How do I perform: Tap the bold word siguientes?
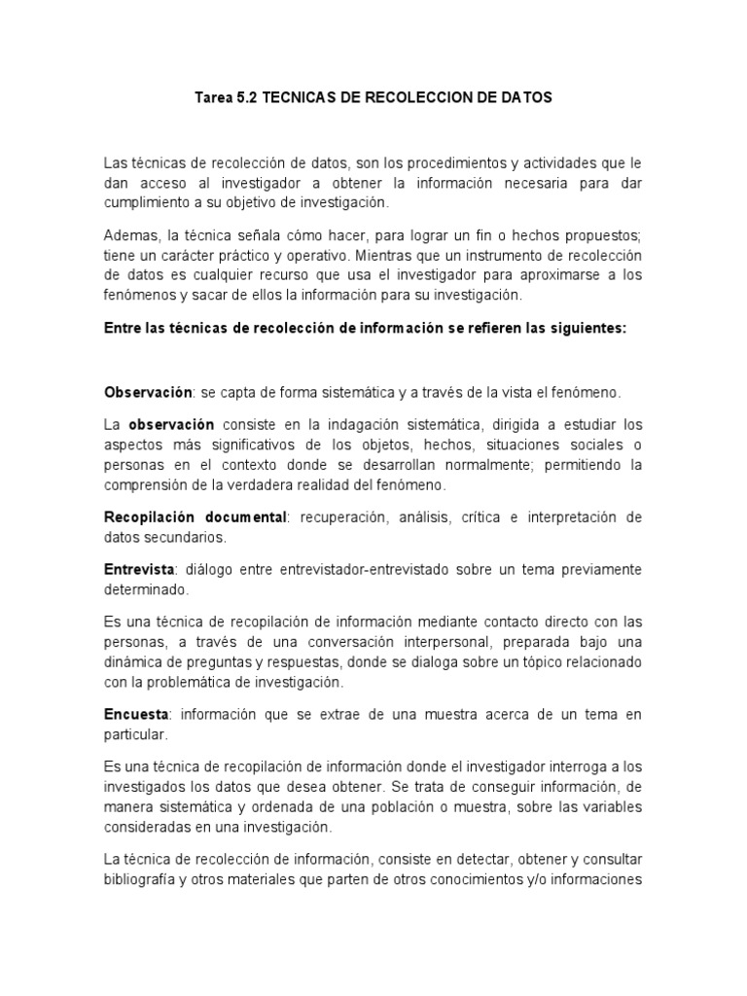[x=588, y=328]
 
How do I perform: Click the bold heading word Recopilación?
[x=146, y=517]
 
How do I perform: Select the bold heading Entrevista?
[x=139, y=569]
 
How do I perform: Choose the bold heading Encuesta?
[x=136, y=715]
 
